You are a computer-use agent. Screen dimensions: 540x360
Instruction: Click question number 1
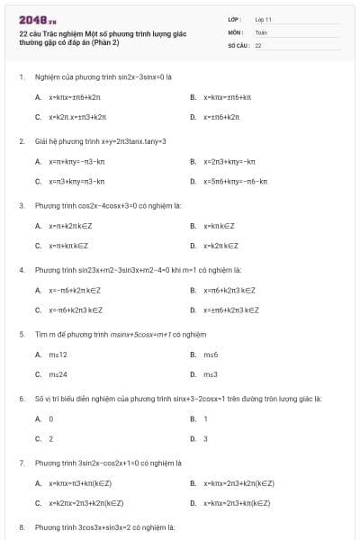coord(22,77)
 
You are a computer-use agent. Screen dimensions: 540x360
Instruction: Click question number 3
coord(22,205)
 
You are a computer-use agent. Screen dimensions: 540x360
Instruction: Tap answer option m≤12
coord(58,355)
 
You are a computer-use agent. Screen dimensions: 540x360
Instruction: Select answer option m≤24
coord(58,373)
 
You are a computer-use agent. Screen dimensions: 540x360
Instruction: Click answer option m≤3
coord(211,373)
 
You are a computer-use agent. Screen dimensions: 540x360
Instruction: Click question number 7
coord(22,463)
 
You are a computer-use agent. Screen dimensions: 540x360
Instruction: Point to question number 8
coord(22,526)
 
